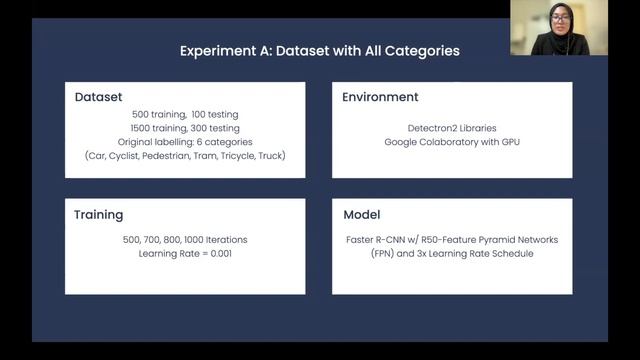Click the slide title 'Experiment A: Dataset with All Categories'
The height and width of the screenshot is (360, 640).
pos(320,50)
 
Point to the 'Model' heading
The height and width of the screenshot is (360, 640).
pos(362,214)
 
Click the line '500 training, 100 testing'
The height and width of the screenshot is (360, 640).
pos(185,115)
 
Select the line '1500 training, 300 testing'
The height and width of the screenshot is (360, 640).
pos(185,129)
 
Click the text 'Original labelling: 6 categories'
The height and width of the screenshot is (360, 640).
pos(185,143)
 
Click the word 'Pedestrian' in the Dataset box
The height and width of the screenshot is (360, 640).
pos(175,157)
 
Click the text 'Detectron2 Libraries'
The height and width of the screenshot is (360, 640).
pos(452,129)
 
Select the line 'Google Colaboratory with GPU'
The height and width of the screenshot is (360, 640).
pos(452,143)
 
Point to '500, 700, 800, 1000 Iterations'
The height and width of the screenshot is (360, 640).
pos(185,240)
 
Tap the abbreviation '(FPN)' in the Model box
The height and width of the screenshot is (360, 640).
pos(359,254)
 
